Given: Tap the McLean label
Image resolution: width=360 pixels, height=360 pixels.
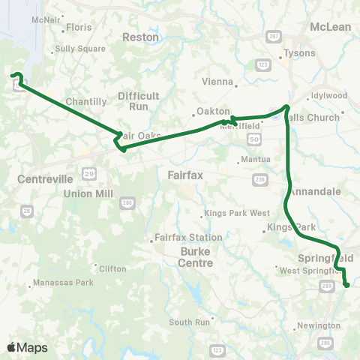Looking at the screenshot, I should coord(330,27).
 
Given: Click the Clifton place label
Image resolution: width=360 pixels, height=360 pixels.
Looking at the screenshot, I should coord(112,268).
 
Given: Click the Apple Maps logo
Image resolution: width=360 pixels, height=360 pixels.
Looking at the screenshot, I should coord(27,347).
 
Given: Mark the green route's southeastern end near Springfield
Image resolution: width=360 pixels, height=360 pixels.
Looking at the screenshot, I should coord(346,284).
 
